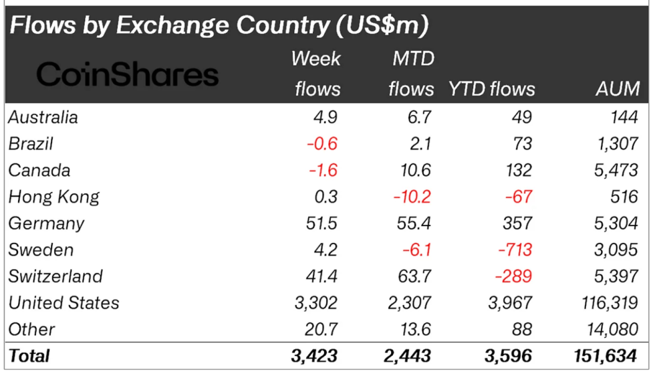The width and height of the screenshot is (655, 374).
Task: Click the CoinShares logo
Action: pos(127,74)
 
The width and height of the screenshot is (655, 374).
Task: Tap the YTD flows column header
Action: pos(492,89)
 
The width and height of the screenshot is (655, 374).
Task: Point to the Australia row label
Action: pos(43,117)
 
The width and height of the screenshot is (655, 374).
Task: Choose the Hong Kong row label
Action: pos(54,197)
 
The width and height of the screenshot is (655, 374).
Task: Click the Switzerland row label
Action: pos(55,276)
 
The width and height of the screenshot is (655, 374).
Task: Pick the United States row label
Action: pos(64,302)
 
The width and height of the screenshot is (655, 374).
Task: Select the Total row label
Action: pos(29,356)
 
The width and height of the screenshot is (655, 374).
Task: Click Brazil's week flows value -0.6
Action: pos(323,144)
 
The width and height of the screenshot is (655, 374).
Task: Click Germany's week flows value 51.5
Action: pos(319,223)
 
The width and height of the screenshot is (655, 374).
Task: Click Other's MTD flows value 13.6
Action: pos(414,329)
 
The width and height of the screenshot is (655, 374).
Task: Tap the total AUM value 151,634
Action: pos(604,356)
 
